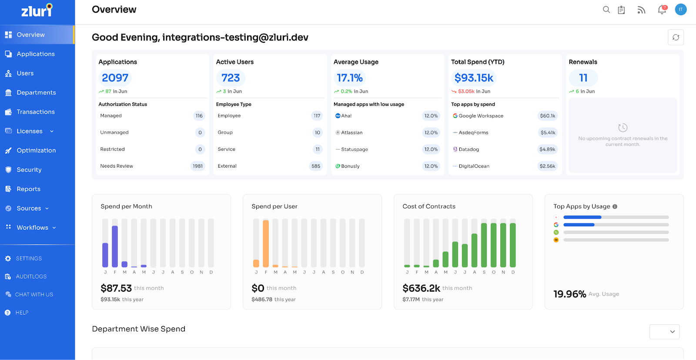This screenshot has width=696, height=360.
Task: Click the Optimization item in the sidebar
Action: point(36,150)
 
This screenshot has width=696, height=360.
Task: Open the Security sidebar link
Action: point(29,170)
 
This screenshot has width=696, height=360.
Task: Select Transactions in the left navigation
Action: point(35,112)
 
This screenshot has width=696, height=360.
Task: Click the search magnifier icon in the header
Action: point(606,10)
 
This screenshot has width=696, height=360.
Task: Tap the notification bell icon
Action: point(662,10)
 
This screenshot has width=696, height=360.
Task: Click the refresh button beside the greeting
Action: point(676,37)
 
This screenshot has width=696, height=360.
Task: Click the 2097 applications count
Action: point(115,78)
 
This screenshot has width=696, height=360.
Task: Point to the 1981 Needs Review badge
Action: point(197,166)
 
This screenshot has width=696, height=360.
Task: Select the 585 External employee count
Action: point(316,166)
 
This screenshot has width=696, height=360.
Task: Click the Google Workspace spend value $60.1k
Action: point(547,116)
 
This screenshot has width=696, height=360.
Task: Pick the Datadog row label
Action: point(468,149)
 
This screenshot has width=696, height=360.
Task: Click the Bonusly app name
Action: point(350,166)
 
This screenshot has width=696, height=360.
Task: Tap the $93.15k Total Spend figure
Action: point(474,78)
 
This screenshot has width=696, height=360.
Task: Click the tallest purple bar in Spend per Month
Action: point(115,246)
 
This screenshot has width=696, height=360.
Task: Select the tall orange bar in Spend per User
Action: point(266,244)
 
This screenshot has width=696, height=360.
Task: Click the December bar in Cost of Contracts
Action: point(513,245)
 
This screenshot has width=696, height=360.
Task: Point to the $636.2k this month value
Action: point(421,288)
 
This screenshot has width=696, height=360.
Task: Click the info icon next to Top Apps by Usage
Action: point(615,207)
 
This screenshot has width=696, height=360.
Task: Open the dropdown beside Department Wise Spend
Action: point(664,332)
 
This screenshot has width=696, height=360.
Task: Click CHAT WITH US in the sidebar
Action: point(34,295)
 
